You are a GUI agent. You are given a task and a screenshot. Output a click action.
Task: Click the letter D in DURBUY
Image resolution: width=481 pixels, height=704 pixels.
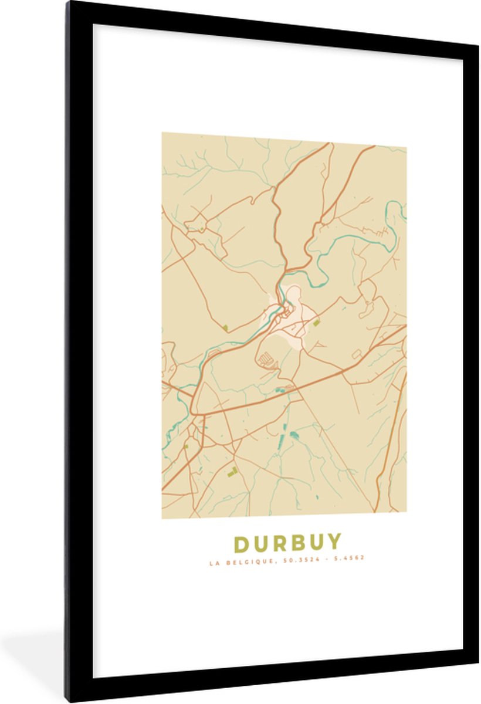[x=242, y=544]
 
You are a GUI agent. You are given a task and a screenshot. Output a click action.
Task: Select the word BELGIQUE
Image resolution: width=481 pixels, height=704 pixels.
[x=242, y=558]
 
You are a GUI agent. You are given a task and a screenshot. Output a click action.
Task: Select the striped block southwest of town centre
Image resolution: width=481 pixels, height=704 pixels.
[x=266, y=357]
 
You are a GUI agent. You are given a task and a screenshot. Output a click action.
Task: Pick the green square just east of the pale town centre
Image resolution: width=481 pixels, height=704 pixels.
[x=317, y=322]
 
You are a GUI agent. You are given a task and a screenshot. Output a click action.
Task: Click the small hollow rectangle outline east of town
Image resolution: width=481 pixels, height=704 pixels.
[x=356, y=354]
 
